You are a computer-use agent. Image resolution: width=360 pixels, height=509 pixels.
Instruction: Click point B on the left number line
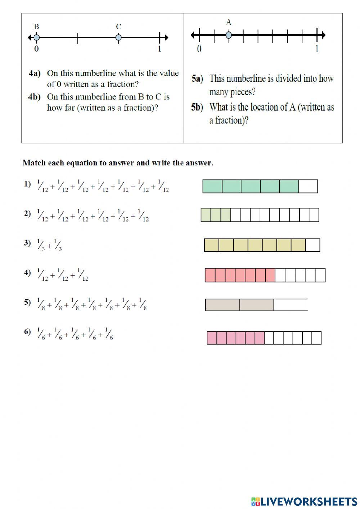click(36, 37)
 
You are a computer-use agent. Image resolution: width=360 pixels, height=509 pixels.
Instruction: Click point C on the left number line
click(118, 37)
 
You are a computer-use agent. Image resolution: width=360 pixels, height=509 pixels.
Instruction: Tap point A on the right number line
click(229, 35)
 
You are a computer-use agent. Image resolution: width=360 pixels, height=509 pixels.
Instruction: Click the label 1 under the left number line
click(159, 49)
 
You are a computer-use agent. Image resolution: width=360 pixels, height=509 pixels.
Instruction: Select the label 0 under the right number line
click(199, 49)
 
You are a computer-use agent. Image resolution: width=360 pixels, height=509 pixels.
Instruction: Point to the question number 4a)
click(35, 73)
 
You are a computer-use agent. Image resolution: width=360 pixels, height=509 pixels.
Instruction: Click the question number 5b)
click(197, 107)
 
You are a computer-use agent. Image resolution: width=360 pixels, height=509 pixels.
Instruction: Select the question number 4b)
click(35, 97)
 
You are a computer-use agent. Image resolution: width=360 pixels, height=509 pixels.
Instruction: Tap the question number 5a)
click(197, 79)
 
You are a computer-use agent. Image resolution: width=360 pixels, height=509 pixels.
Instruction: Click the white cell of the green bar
click(308, 187)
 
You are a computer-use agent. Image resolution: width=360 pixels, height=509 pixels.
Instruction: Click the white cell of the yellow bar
click(312, 245)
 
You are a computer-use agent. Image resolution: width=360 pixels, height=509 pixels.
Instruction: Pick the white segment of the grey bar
click(291, 305)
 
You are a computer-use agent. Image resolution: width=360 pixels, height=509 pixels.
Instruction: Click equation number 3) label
click(28, 243)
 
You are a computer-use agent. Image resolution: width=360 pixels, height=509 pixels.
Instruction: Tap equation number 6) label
click(28, 332)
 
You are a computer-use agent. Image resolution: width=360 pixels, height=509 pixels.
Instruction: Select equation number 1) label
click(28, 184)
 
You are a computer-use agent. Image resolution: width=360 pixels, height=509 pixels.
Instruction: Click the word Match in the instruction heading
click(33, 163)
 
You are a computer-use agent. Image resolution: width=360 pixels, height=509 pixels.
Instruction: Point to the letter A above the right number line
click(229, 22)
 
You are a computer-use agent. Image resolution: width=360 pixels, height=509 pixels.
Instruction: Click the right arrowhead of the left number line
click(166, 37)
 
